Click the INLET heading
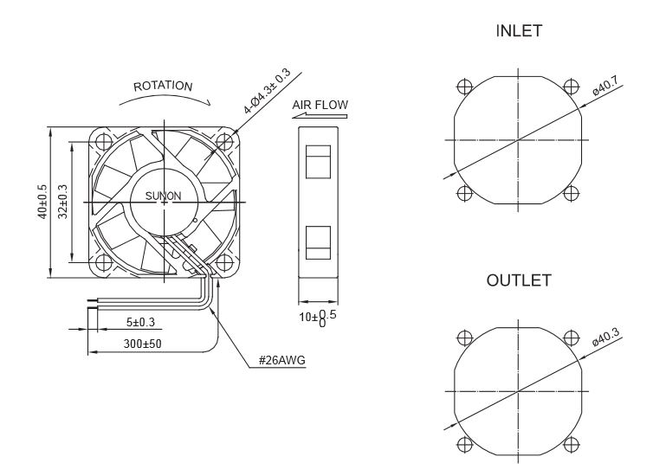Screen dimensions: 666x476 tap(519, 31)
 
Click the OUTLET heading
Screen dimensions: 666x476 tap(519, 280)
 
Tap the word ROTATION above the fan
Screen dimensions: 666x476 tap(163, 87)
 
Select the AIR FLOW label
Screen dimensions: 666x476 tap(320, 105)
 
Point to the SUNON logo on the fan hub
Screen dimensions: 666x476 tap(163, 196)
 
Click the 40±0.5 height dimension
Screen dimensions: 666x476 tap(43, 202)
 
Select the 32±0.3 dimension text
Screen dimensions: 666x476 tap(63, 202)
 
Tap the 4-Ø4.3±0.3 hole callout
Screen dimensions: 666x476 tap(267, 91)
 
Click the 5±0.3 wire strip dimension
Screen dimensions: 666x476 tap(140, 322)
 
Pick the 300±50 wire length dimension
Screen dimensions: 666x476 tap(143, 344)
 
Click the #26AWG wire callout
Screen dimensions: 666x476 tap(282, 361)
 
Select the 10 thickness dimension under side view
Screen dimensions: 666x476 tap(318, 318)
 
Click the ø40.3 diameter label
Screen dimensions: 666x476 tap(605, 338)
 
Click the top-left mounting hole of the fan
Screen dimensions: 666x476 tap(104, 141)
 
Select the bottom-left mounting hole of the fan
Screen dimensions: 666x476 tap(104, 262)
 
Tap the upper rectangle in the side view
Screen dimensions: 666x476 tap(318, 162)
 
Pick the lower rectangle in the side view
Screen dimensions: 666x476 tap(318, 242)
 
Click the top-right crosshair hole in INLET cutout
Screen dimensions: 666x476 tap(572, 87)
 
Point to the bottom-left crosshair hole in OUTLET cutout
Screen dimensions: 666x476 tap(465, 445)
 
